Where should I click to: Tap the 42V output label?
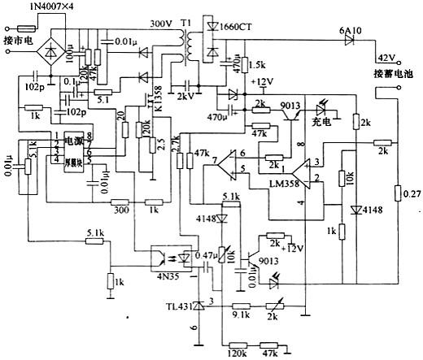tap(382, 58)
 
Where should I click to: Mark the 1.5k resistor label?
tap(259, 64)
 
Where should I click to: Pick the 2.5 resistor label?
tap(162, 145)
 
